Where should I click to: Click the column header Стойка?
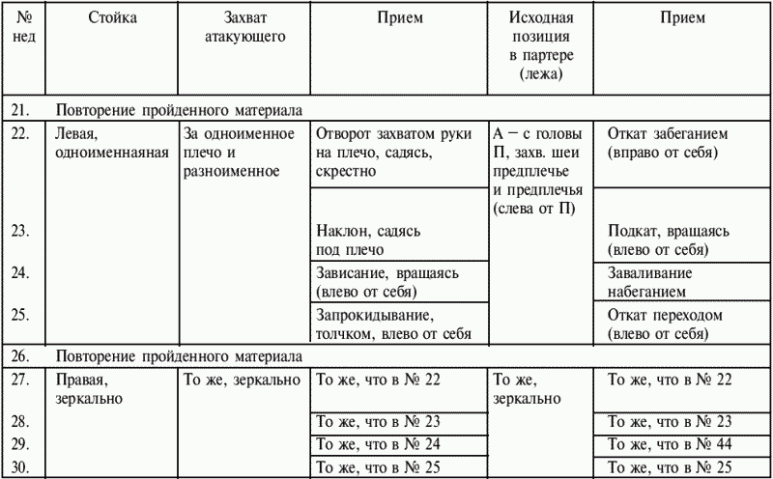click(111, 18)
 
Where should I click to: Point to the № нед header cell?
click(25, 28)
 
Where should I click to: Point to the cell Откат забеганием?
click(668, 144)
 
